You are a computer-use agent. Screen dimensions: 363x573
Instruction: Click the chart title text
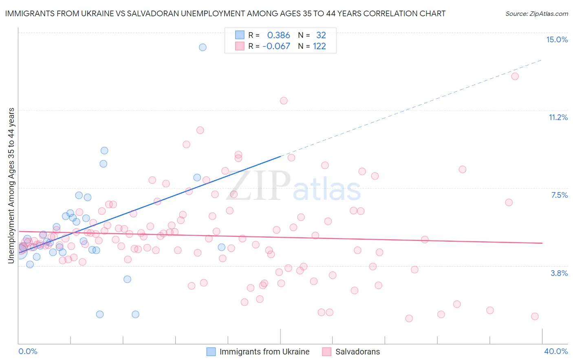click(x=225, y=13)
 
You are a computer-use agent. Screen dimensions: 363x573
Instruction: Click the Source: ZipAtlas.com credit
click(x=536, y=13)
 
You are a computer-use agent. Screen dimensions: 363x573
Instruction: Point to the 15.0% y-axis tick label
click(x=557, y=39)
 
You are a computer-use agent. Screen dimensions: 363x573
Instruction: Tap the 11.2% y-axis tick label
click(x=558, y=117)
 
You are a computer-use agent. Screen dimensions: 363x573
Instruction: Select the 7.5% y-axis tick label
click(x=559, y=195)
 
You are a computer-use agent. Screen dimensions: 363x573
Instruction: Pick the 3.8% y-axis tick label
click(x=559, y=273)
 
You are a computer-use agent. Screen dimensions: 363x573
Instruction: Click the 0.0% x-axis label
click(x=28, y=351)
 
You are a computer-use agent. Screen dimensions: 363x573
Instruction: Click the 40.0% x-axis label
click(x=555, y=351)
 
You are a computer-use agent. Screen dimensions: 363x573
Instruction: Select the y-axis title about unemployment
click(x=11, y=185)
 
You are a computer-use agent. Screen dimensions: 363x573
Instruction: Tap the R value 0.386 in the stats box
click(x=278, y=35)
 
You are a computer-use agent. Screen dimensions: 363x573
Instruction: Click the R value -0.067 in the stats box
click(x=276, y=46)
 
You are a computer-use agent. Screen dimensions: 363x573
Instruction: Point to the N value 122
click(x=319, y=46)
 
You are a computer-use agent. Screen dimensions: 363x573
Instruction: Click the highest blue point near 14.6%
click(x=203, y=47)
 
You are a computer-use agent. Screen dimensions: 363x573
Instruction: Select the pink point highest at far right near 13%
click(x=515, y=76)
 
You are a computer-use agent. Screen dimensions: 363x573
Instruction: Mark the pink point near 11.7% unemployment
click(x=284, y=101)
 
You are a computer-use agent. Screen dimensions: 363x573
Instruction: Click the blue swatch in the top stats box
click(x=240, y=35)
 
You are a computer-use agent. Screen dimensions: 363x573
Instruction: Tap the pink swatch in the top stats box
click(x=240, y=46)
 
